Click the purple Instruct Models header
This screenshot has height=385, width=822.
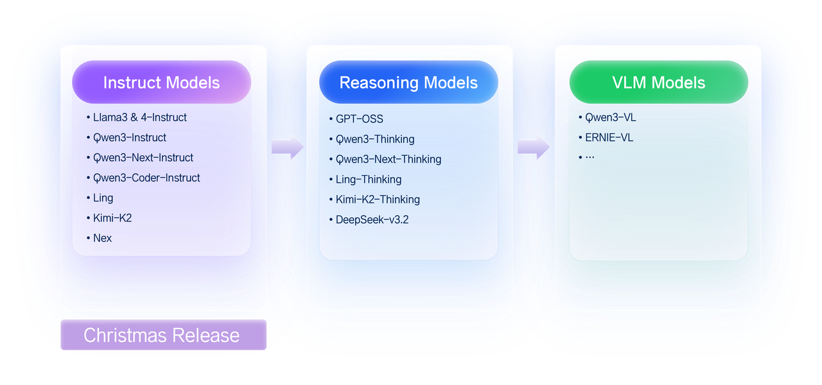click(x=161, y=83)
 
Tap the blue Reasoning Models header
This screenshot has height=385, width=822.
click(x=408, y=83)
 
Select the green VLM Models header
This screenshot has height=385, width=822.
click(x=658, y=83)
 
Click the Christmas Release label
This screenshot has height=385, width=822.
click(x=163, y=335)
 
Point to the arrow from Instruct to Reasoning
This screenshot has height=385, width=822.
click(x=287, y=147)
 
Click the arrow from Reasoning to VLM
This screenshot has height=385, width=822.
click(x=534, y=147)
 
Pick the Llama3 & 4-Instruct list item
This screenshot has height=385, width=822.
click(x=139, y=117)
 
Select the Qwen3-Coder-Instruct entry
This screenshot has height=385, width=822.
click(x=146, y=178)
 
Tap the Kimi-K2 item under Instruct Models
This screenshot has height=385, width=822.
click(x=112, y=218)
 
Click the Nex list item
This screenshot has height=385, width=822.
click(x=102, y=238)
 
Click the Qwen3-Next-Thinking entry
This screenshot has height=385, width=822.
click(x=389, y=159)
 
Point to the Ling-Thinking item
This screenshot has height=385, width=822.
click(x=369, y=180)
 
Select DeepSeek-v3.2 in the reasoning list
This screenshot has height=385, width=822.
click(x=372, y=219)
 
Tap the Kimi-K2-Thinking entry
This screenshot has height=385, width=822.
click(x=378, y=200)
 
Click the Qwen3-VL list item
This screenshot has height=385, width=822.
click(x=610, y=117)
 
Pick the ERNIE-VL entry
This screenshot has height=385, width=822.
click(x=609, y=137)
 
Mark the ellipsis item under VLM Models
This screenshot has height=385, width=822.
click(x=589, y=157)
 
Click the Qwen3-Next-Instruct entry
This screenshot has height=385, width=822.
click(x=143, y=158)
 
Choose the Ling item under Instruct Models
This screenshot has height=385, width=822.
click(x=103, y=198)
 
